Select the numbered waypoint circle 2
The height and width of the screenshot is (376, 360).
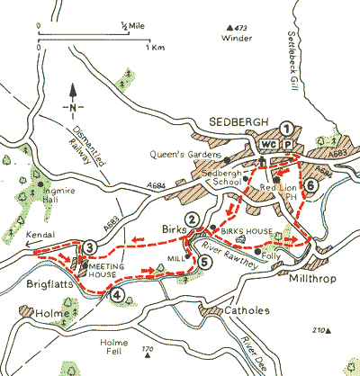(x=191, y=219)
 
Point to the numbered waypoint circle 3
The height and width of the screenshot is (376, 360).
(x=89, y=248)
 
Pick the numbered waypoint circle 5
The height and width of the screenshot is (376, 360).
(x=205, y=263)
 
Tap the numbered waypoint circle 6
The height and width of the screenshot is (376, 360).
(x=310, y=186)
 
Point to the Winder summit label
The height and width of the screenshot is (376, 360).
(x=236, y=38)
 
